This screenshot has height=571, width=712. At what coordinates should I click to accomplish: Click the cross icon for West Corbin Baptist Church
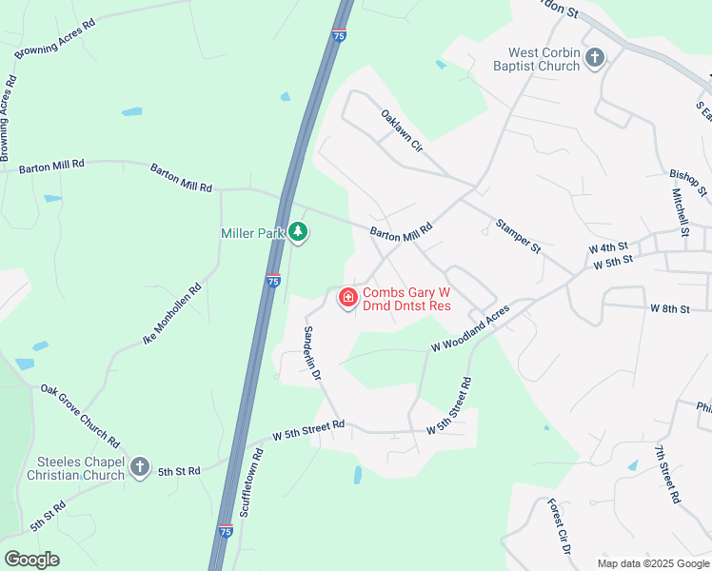595,58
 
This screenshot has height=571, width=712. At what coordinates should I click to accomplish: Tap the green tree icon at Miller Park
298,232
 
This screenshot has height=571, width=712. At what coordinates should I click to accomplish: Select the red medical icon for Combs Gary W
348,299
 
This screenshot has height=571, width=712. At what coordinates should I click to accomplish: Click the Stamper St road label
518,236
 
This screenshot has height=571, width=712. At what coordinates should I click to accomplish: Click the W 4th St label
608,247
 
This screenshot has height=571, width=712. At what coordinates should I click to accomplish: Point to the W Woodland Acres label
470,329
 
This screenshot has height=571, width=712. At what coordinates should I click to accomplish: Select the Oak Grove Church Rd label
80,417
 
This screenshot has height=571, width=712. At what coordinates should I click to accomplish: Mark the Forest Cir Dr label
559,527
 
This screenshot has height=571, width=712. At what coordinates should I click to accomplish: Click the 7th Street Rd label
668,473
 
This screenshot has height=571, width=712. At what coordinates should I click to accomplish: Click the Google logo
31,560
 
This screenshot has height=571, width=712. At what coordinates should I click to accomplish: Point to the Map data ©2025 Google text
652,563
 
